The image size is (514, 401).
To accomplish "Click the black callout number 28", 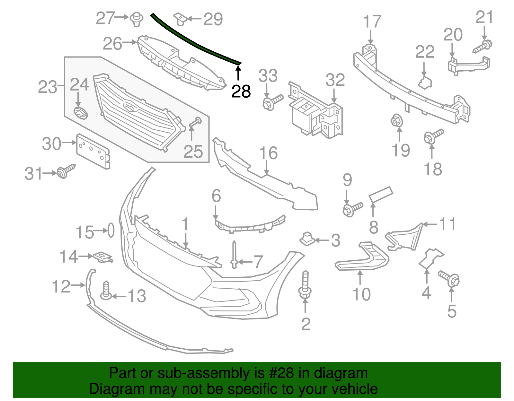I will coord(241,92).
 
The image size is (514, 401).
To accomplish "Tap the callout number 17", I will coord(372,22).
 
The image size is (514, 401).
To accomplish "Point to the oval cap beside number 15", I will coord(111,230).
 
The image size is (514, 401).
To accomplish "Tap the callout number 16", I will coord(268,153).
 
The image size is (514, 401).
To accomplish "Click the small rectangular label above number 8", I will coord(381,194).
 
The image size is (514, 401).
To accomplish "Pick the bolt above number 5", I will coord(449,278).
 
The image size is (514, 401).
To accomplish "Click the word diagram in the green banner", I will coord(341,373).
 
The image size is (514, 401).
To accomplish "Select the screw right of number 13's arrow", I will coord(106,291).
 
